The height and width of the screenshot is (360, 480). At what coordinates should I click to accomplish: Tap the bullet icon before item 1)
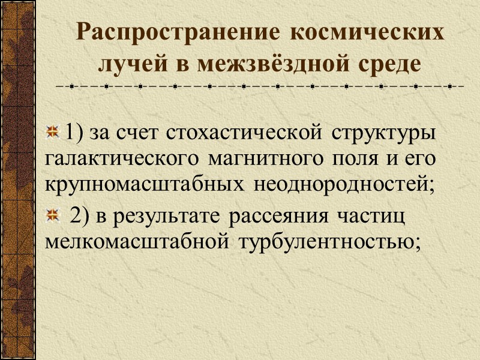click(x=54, y=131)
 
